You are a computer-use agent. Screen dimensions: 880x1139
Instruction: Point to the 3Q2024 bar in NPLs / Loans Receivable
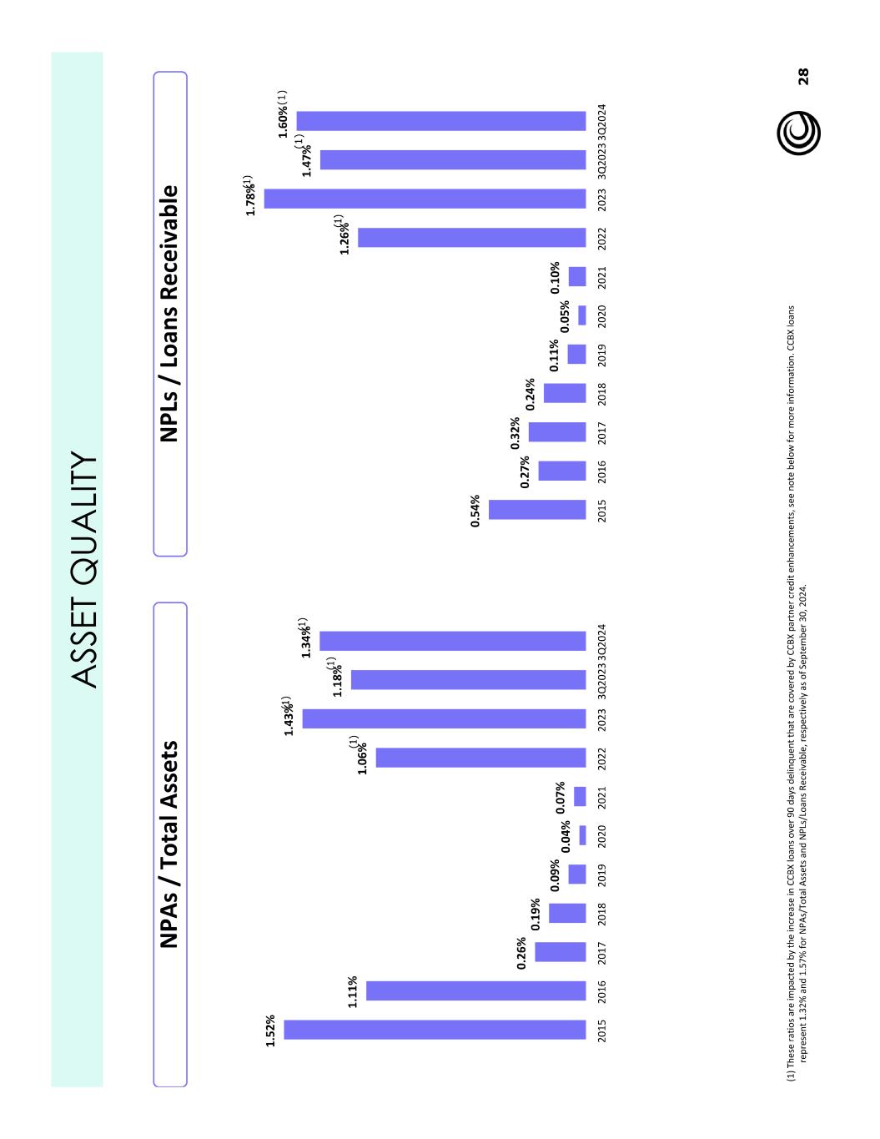click(x=441, y=121)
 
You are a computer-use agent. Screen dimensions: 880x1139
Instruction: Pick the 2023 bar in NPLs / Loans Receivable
click(x=425, y=199)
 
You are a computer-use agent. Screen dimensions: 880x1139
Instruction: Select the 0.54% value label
click(x=475, y=511)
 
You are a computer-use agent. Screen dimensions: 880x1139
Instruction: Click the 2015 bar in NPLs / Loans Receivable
click(x=537, y=510)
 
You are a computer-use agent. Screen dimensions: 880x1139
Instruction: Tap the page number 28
click(x=803, y=77)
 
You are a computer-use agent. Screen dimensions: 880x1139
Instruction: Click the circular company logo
click(x=798, y=134)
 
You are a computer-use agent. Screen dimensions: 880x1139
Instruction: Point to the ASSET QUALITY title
click(x=84, y=570)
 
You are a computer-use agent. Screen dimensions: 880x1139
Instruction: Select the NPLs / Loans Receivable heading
click(x=169, y=314)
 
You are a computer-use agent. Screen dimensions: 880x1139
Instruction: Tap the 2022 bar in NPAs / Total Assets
click(x=480, y=758)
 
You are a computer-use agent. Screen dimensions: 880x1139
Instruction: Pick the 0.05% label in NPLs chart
click(x=565, y=316)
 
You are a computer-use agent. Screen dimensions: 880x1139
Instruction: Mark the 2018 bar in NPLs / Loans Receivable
click(x=565, y=393)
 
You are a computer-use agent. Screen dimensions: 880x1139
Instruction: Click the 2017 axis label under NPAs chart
click(x=602, y=953)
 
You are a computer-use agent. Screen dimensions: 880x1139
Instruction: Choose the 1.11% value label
click(x=353, y=991)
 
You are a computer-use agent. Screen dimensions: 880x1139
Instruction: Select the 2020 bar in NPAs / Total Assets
click(x=582, y=835)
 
